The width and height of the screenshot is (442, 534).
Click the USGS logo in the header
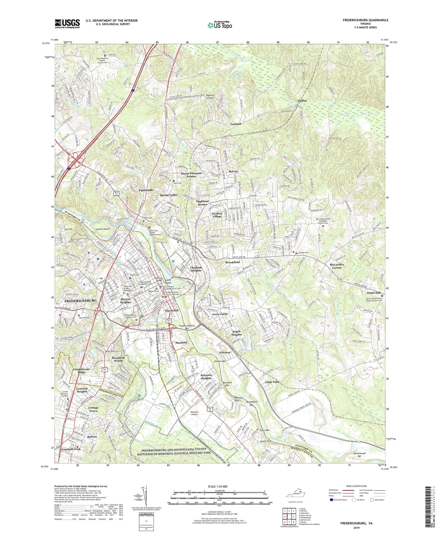[67, 24]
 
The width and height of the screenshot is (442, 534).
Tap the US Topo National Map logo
[220, 25]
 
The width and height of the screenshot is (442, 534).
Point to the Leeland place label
[235, 124]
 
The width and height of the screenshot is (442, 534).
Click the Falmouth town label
[146, 190]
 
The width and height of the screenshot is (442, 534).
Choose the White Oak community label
[373, 293]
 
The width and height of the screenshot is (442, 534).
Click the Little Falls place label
[272, 382]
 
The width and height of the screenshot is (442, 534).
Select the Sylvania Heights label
[206, 376]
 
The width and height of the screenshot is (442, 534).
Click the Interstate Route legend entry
[338, 500]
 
